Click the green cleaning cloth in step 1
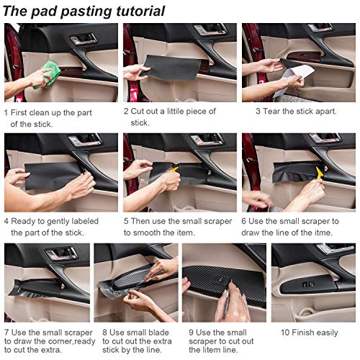pos(48,74)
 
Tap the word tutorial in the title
pos(140,11)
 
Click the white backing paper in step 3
pos(294,79)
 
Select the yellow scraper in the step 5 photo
pos(175,170)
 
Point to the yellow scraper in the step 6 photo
pos(319,173)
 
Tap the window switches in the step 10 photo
pos(308,284)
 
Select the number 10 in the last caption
pos(285,333)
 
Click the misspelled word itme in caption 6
pos(323,233)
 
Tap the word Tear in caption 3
pos(271,111)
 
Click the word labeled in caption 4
pos(85,221)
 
